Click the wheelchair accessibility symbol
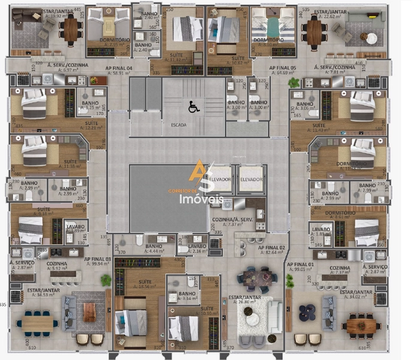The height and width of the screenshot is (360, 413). [194, 107]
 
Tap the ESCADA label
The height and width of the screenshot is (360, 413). [178, 125]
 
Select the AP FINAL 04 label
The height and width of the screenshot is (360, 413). [117, 67]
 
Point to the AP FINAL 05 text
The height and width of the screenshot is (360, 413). [282, 68]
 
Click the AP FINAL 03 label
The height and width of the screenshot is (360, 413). [98, 259]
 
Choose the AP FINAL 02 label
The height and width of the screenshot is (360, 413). [272, 247]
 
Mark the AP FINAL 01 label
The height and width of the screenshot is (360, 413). [300, 264]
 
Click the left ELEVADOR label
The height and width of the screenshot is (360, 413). [220, 179]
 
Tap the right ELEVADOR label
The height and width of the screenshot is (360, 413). [251, 179]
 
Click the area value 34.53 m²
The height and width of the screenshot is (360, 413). [43, 295]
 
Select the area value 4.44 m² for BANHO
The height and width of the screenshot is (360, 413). [154, 251]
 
